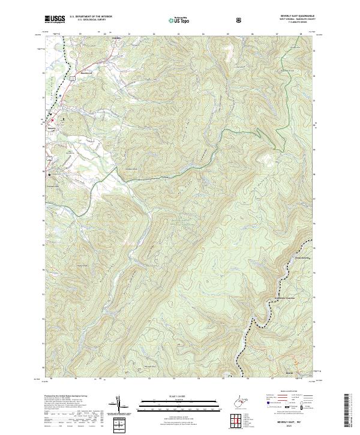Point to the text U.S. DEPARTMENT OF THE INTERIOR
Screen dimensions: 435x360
[90, 17]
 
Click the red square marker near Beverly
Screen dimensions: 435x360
[52, 119]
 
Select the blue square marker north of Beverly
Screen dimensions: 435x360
[60, 95]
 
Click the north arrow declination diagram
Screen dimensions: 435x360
[118, 403]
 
